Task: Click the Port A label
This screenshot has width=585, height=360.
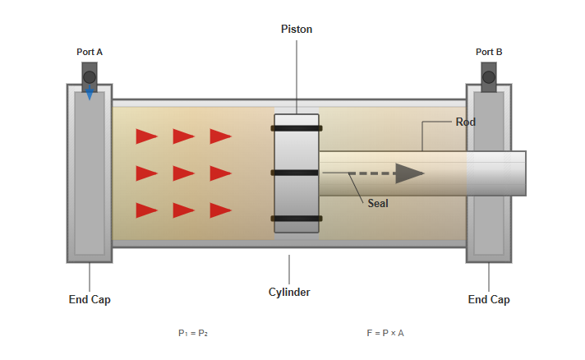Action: [90, 52]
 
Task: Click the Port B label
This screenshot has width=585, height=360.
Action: [489, 52]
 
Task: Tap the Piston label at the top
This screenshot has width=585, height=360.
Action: [297, 29]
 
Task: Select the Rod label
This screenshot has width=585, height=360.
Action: [466, 122]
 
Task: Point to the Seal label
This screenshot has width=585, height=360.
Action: [378, 203]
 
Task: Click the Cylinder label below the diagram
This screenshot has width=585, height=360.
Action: [289, 292]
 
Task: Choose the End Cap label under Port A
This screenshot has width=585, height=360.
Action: [90, 299]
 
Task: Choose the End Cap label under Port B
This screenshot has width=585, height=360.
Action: [489, 299]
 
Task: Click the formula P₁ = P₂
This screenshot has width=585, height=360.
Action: [193, 333]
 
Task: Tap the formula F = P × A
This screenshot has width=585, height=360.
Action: [385, 333]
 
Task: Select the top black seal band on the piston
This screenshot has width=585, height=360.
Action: [297, 128]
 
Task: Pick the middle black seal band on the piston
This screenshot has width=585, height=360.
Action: [297, 173]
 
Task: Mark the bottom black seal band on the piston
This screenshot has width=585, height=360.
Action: [297, 218]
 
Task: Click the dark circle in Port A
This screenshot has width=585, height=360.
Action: [90, 77]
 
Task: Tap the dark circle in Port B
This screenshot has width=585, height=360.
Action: [489, 77]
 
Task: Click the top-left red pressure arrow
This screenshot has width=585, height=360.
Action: [146, 136]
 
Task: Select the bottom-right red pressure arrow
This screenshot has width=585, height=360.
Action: [220, 210]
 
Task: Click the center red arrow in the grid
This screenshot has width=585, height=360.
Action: [183, 173]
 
